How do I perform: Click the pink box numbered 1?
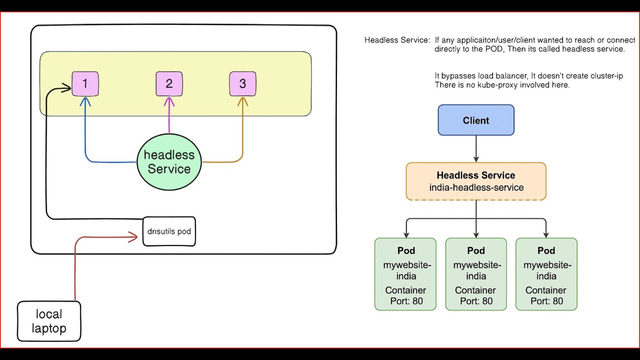pyautogui.click(x=85, y=84)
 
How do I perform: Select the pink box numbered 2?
pyautogui.click(x=169, y=84)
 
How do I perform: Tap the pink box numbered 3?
pyautogui.click(x=242, y=84)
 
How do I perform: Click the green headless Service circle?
pyautogui.click(x=169, y=162)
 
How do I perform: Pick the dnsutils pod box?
pyautogui.click(x=169, y=231)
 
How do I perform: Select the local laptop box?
pyautogui.click(x=49, y=321)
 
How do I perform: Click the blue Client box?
pyautogui.click(x=476, y=120)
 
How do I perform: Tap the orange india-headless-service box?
pyautogui.click(x=476, y=181)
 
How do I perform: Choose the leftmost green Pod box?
pyautogui.click(x=405, y=274)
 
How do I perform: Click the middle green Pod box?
pyautogui.click(x=476, y=274)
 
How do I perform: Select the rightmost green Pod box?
pyautogui.click(x=546, y=274)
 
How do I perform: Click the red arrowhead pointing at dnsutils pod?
pyautogui.click(x=134, y=237)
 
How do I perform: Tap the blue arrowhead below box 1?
pyautogui.click(x=85, y=101)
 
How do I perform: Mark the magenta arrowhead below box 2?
pyautogui.click(x=169, y=101)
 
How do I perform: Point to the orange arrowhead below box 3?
pyautogui.click(x=242, y=101)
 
